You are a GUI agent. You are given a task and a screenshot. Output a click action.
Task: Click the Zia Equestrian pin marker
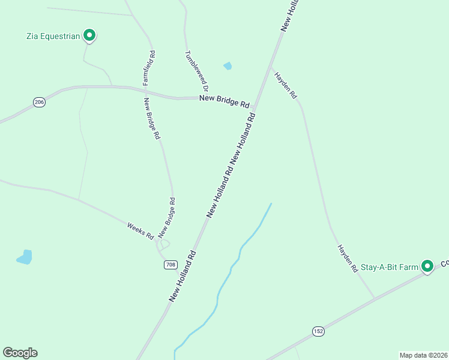89,35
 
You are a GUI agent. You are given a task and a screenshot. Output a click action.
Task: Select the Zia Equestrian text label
53,36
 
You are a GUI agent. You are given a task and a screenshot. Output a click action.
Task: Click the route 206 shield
40,103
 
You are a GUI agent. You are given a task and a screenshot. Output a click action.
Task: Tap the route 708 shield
170,265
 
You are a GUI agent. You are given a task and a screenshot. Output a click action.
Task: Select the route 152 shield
318,331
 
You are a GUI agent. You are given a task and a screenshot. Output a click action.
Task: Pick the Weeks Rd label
140,231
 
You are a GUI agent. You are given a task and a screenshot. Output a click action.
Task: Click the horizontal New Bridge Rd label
224,101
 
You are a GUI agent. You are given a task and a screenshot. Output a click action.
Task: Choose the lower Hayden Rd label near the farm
348,258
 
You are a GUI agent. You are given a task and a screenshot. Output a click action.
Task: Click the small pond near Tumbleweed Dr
228,66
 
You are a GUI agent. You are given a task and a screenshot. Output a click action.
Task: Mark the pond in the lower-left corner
25,257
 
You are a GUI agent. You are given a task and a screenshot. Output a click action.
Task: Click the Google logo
20,353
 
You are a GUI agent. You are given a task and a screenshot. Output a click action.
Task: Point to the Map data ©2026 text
423,355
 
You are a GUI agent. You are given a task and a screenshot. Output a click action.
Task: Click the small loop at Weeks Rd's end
163,244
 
